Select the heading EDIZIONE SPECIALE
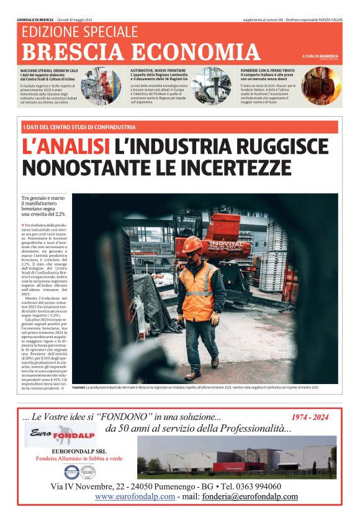click(79, 32)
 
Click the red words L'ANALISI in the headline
click(66, 146)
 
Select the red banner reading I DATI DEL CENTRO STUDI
click(79, 127)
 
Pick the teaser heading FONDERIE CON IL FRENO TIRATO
click(269, 71)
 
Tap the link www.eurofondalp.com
click(135, 496)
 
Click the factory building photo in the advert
click(236, 456)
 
